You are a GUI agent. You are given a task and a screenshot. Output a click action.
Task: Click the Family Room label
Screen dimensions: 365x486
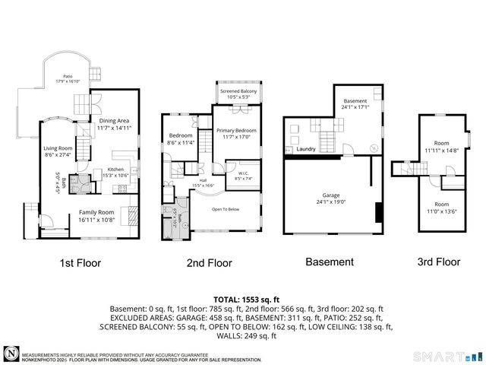pos(96,215)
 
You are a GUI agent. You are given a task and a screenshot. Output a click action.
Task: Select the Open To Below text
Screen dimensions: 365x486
pos(226,208)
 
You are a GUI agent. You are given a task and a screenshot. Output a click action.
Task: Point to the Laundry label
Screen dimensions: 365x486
pos(306,149)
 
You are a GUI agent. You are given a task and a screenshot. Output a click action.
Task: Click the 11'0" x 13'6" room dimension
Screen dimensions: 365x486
pos(441,207)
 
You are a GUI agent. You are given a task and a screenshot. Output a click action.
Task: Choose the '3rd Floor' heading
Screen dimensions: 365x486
pos(438,262)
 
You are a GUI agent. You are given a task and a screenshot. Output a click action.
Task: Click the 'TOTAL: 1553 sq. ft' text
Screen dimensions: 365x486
pos(243,299)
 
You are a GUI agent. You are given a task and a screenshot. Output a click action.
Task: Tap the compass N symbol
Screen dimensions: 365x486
pos(11,354)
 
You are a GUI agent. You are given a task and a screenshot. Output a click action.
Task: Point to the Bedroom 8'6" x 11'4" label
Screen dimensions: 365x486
pos(181,138)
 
